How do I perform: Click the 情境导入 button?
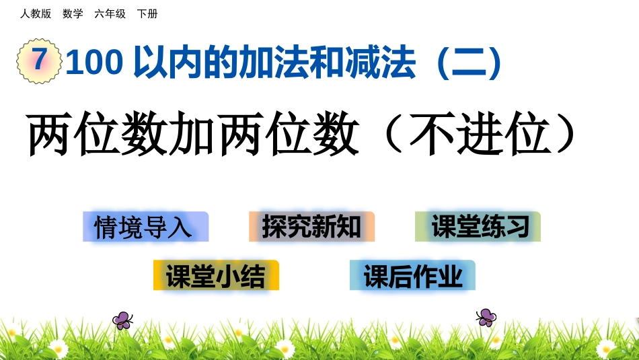(x=145, y=227)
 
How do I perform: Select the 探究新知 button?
(x=311, y=227)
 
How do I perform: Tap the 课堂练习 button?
(x=478, y=227)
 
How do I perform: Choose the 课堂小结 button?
(x=216, y=275)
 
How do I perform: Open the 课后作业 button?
(x=412, y=275)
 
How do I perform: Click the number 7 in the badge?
(x=38, y=61)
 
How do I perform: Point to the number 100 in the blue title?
(x=94, y=63)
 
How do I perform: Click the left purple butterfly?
(x=122, y=320)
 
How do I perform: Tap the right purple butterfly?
(x=486, y=317)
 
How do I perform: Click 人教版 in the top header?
(x=36, y=13)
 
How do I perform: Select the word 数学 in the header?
(x=73, y=13)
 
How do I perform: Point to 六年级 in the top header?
(x=110, y=13)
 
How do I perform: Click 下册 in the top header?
(x=147, y=13)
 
